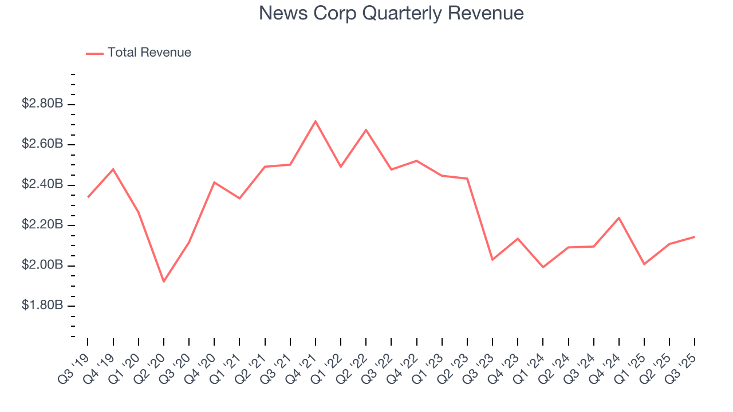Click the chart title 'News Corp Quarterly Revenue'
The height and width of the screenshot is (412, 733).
(x=391, y=13)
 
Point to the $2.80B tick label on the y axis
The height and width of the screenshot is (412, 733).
(x=42, y=104)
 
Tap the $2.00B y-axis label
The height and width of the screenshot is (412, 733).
(x=42, y=266)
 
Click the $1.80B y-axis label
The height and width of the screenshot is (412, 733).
(x=42, y=306)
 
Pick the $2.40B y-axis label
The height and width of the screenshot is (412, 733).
(x=42, y=185)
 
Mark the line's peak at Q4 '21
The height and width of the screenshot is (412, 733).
(x=316, y=121)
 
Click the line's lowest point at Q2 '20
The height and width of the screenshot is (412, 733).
(x=164, y=282)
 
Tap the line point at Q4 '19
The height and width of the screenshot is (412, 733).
(x=113, y=169)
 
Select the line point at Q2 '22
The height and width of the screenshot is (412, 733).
(x=366, y=130)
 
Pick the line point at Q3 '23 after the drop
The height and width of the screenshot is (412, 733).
(x=492, y=260)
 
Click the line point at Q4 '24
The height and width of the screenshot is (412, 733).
(x=619, y=217)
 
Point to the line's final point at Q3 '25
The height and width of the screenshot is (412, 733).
(x=695, y=237)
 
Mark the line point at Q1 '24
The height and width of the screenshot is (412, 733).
(x=543, y=267)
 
